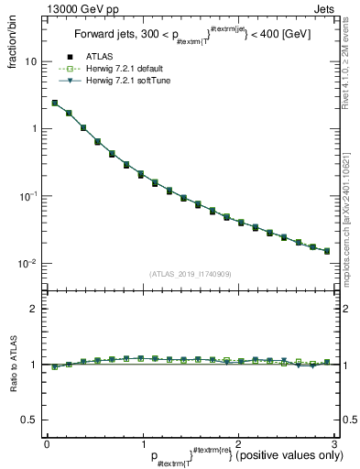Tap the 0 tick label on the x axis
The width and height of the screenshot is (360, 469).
click(x=47, y=444)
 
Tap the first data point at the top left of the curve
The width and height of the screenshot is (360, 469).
click(x=55, y=104)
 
